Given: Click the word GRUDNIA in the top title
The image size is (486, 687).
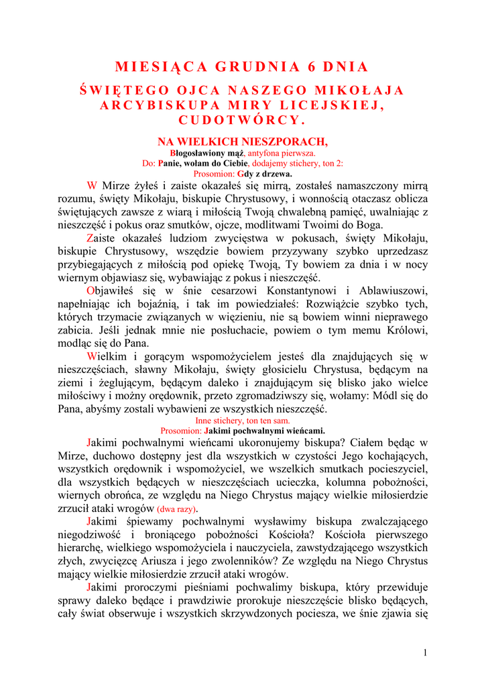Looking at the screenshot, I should click(257, 66).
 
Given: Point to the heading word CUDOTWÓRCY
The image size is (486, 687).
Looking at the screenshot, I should click(242, 120).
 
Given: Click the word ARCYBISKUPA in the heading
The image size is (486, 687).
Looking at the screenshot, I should click(156, 105).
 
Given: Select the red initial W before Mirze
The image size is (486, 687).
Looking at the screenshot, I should click(93, 185).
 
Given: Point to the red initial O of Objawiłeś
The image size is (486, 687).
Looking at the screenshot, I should click(91, 290).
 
